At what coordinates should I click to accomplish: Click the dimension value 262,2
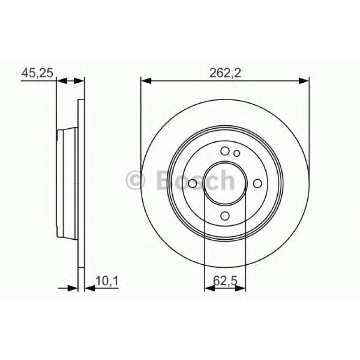tap(224, 72)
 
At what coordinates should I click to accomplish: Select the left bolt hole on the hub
tap(193, 183)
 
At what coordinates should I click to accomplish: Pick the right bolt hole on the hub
tap(258, 183)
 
